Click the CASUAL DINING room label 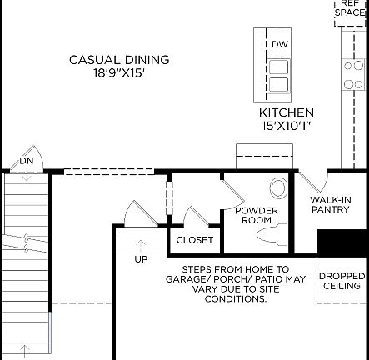pyautogui.click(x=119, y=60)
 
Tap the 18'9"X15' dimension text pyautogui.click(x=119, y=73)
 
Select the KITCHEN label pyautogui.click(x=286, y=112)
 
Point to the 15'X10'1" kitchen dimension pyautogui.click(x=286, y=126)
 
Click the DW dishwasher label pyautogui.click(x=279, y=45)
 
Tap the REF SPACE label pyautogui.click(x=350, y=8)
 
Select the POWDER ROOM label pyautogui.click(x=255, y=215)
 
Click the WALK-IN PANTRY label pyautogui.click(x=330, y=205)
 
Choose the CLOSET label pyautogui.click(x=195, y=240)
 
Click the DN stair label pyautogui.click(x=27, y=161)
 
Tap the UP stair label pyautogui.click(x=142, y=259)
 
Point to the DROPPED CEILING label pyautogui.click(x=342, y=281)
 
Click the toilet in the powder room pyautogui.click(x=274, y=234)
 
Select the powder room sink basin pyautogui.click(x=278, y=187)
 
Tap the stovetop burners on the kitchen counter pyautogui.click(x=353, y=73)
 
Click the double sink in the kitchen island pyautogui.click(x=278, y=76)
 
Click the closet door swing pyautogui.click(x=196, y=218)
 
